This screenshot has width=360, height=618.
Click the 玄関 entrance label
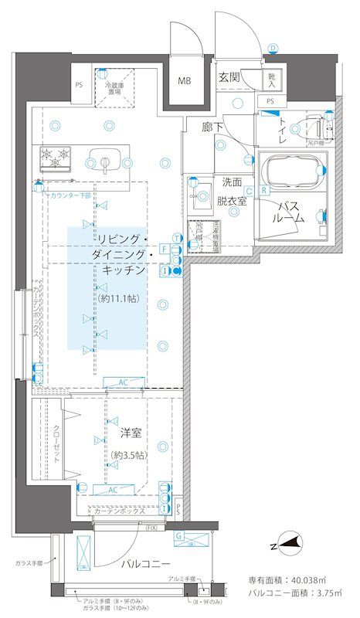pos(229,76)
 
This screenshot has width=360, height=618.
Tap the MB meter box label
pos(185,80)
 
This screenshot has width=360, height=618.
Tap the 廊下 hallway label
pos(213,126)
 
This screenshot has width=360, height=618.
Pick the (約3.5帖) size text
pos(128,456)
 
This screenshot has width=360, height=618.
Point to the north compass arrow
pos(287,546)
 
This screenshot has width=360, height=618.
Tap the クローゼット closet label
pos(56,443)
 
